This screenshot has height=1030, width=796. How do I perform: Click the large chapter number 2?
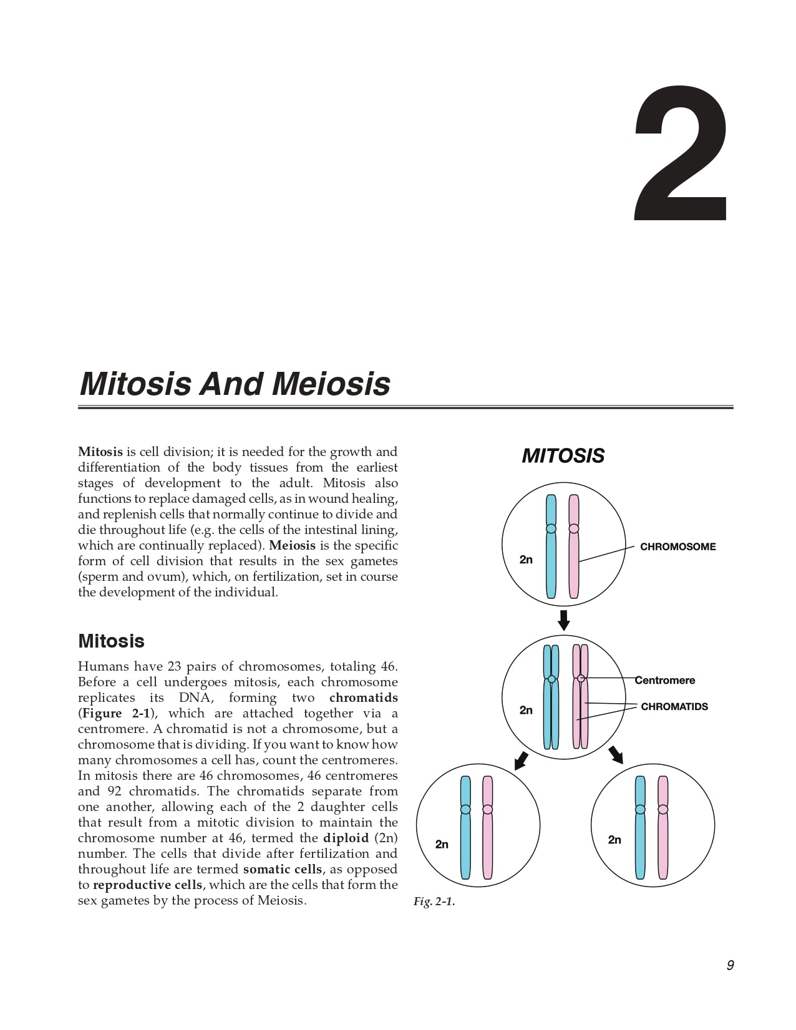click(x=681, y=154)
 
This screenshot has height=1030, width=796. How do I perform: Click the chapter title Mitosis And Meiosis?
click(x=235, y=384)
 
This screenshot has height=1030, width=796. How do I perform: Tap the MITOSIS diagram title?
click(x=563, y=456)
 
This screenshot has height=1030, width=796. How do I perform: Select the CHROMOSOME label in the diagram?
click(x=677, y=547)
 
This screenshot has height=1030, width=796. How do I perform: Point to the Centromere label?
click(x=665, y=681)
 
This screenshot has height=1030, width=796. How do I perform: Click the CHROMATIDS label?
click(x=674, y=707)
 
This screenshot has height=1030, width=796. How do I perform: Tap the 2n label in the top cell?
click(x=526, y=560)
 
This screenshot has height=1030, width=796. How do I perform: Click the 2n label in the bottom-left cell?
click(x=442, y=844)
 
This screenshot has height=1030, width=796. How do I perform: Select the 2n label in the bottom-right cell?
click(x=614, y=840)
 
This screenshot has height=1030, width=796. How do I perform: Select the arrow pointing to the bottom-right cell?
click(x=616, y=754)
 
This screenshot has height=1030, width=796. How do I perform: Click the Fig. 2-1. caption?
click(x=434, y=902)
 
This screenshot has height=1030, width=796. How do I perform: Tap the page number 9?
click(x=730, y=966)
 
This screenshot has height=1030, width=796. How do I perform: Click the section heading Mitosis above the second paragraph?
click(x=111, y=641)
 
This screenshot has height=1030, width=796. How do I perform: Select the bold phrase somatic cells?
click(x=282, y=870)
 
